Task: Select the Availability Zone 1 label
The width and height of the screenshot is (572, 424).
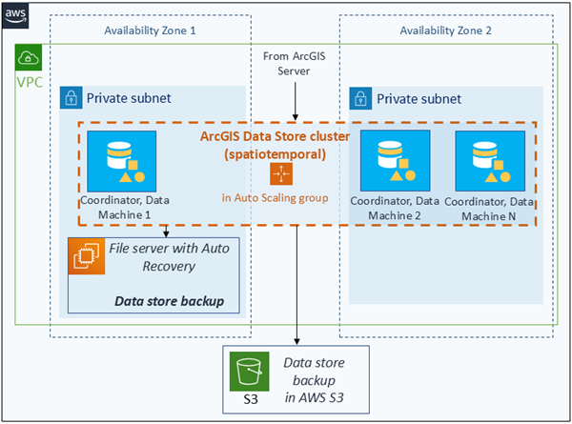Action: point(150,30)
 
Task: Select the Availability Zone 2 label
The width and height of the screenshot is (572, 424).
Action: point(446,30)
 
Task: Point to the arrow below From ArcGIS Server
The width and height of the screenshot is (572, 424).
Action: point(296,100)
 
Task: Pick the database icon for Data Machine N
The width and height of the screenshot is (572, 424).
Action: point(482,160)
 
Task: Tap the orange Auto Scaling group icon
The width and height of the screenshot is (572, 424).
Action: point(281,173)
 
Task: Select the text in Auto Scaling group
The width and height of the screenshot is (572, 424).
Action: point(281,197)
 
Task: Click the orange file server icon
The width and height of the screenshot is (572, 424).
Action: point(86,256)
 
